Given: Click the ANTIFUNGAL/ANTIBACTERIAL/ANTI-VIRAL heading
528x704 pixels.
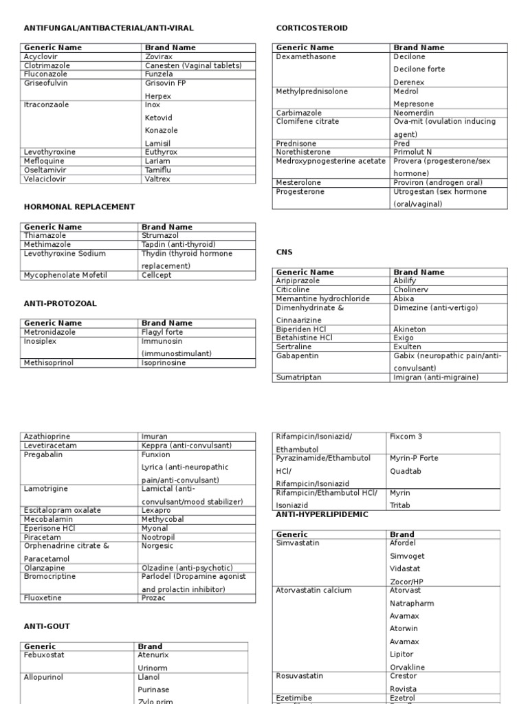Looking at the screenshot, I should coord(109,28).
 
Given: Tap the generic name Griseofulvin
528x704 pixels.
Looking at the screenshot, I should coord(46,83).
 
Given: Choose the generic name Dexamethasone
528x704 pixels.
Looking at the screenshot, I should coord(306,57).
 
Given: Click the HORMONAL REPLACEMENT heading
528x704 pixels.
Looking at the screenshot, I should coord(79,206).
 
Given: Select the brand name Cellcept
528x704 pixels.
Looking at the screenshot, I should coord(157,275).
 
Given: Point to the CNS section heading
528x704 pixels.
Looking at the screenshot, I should coord(284,252).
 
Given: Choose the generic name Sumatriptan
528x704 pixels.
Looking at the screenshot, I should coord(298,377).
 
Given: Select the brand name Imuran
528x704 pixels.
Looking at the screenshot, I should coord(154,437).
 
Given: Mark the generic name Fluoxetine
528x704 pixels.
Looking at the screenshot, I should coord(43,598).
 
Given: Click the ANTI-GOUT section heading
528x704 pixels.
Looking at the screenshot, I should coord(47,626).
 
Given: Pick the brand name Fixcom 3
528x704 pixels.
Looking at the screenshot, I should coord(406,437).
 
